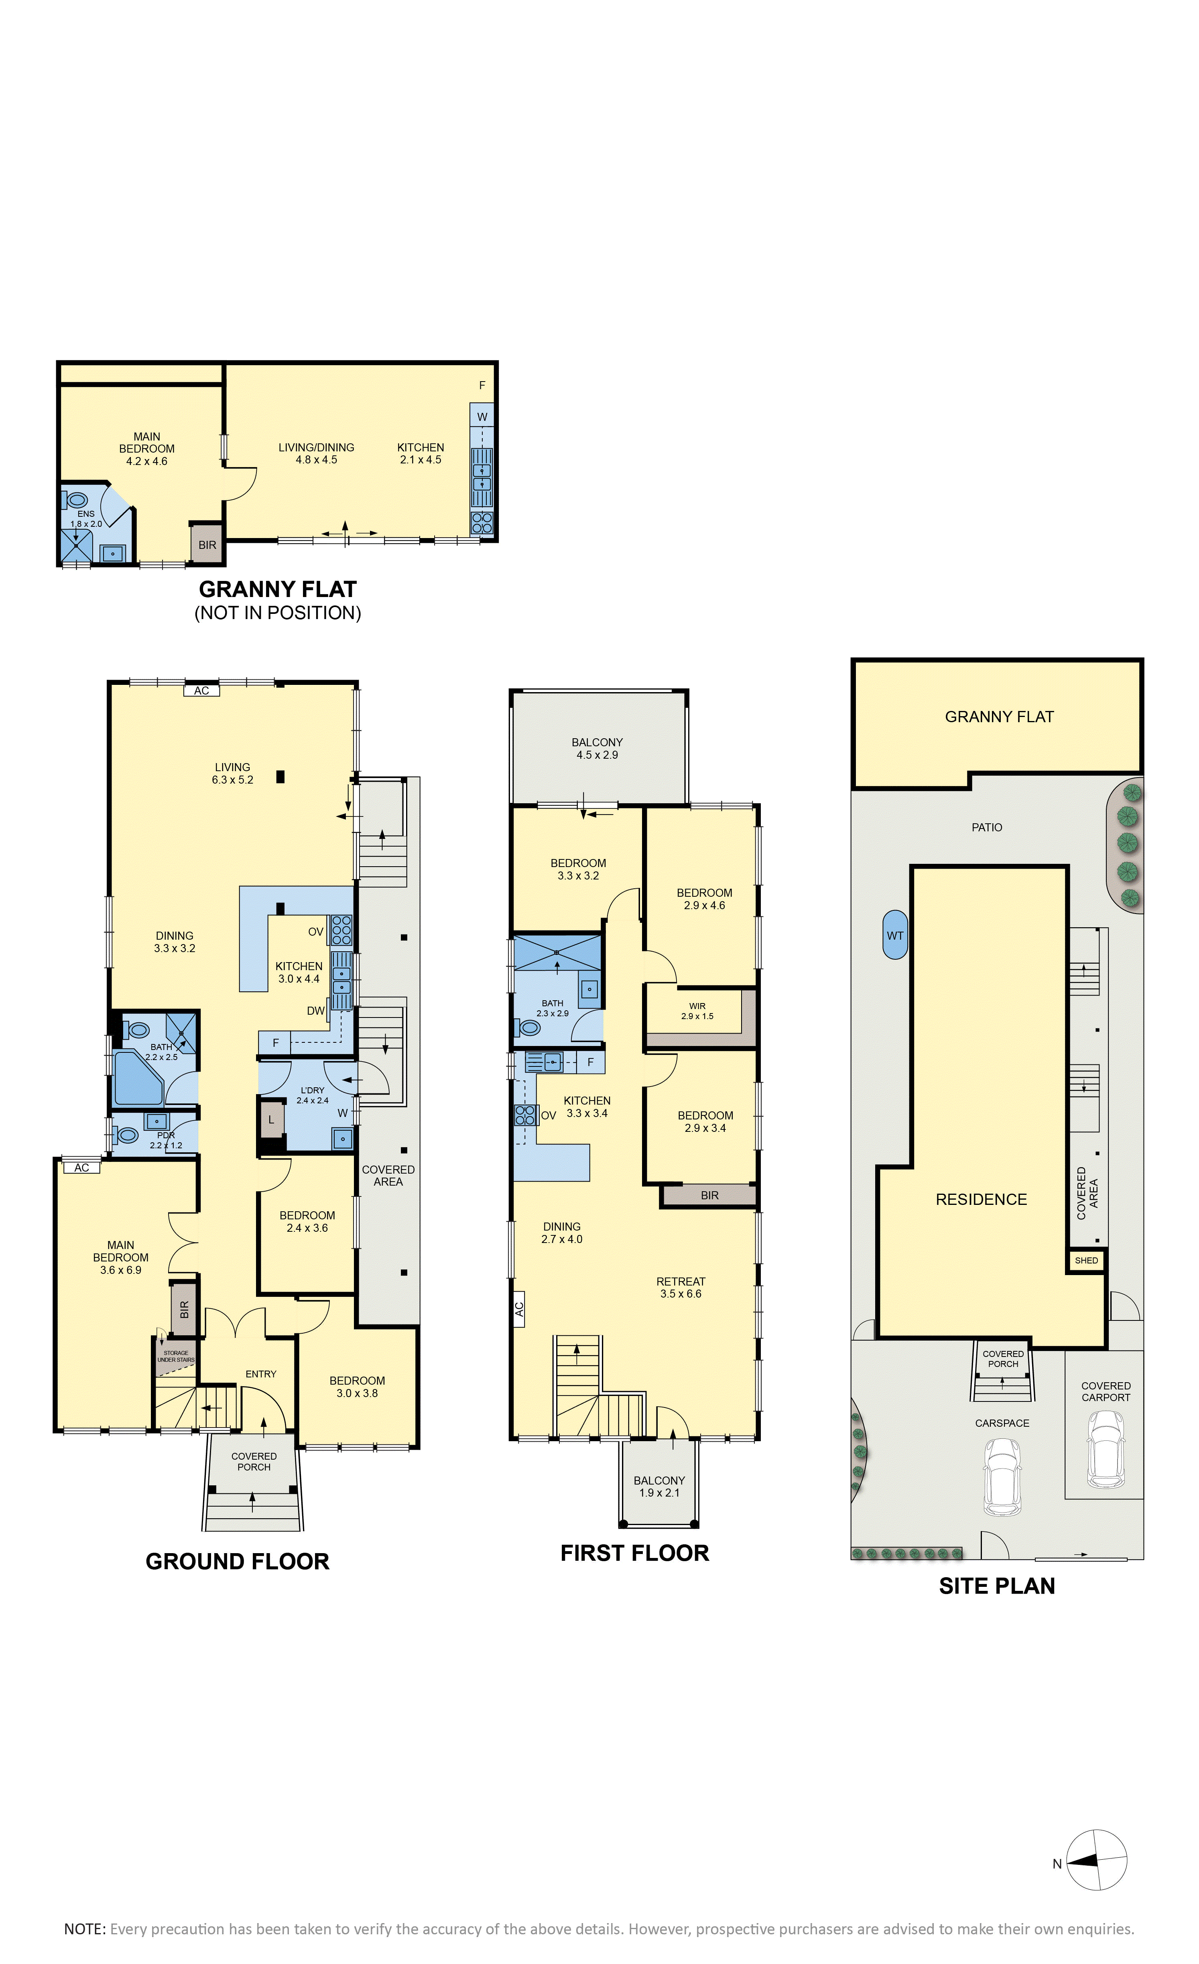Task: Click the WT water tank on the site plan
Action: pyautogui.click(x=895, y=935)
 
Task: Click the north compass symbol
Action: pyautogui.click(x=1096, y=1861)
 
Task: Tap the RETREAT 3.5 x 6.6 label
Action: pyautogui.click(x=681, y=1287)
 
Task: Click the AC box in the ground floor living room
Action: pyautogui.click(x=202, y=690)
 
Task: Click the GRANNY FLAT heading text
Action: pyautogui.click(x=277, y=589)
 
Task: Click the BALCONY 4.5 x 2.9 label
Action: pyautogui.click(x=597, y=748)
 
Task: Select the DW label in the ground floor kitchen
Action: pyautogui.click(x=316, y=1011)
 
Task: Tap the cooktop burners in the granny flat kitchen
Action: pyautogui.click(x=482, y=522)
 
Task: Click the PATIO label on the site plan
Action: pyautogui.click(x=987, y=827)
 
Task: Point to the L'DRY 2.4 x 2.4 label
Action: pyautogui.click(x=313, y=1095)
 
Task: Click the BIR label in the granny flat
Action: pyautogui.click(x=207, y=545)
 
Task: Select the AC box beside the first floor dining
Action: pyautogui.click(x=519, y=1309)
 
